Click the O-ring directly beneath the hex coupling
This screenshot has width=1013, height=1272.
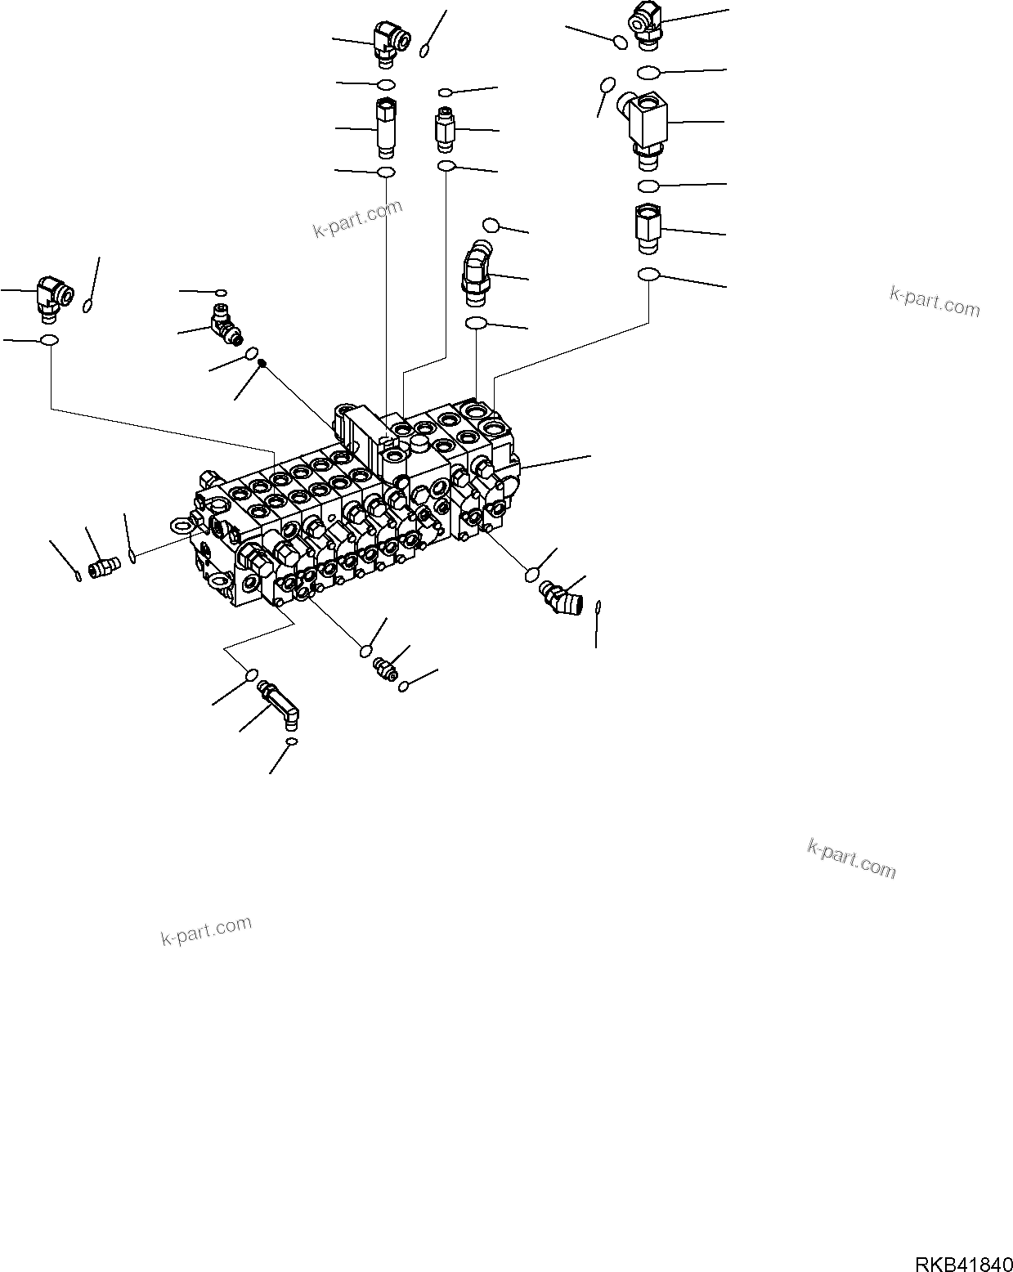[x=648, y=274]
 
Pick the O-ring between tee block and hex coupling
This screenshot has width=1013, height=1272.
[x=648, y=185]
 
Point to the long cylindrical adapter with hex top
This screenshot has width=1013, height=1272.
[x=385, y=127]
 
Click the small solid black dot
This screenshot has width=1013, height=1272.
[x=262, y=363]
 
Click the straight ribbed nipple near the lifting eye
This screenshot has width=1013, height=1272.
[x=103, y=566]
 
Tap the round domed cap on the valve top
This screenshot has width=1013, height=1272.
[x=419, y=443]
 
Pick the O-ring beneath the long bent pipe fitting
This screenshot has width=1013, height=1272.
[x=290, y=741]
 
